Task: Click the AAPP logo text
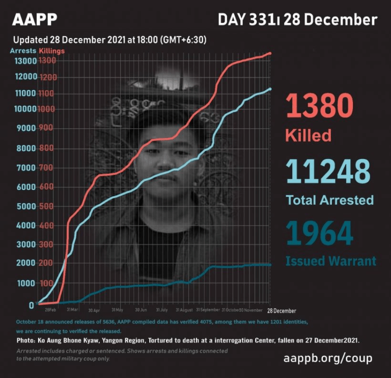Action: click(35, 19)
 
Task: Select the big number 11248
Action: click(328, 171)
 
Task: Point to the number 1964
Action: click(319, 233)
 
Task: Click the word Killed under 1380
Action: click(308, 135)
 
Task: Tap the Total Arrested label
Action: click(329, 200)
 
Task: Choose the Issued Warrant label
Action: click(330, 261)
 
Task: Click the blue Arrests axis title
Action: click(23, 50)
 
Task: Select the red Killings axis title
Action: click(52, 50)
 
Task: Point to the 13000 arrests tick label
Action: click(25, 61)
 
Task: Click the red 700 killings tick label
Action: click(45, 168)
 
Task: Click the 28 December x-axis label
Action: click(281, 310)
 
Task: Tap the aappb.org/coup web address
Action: click(328, 358)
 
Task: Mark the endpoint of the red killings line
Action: click(270, 53)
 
